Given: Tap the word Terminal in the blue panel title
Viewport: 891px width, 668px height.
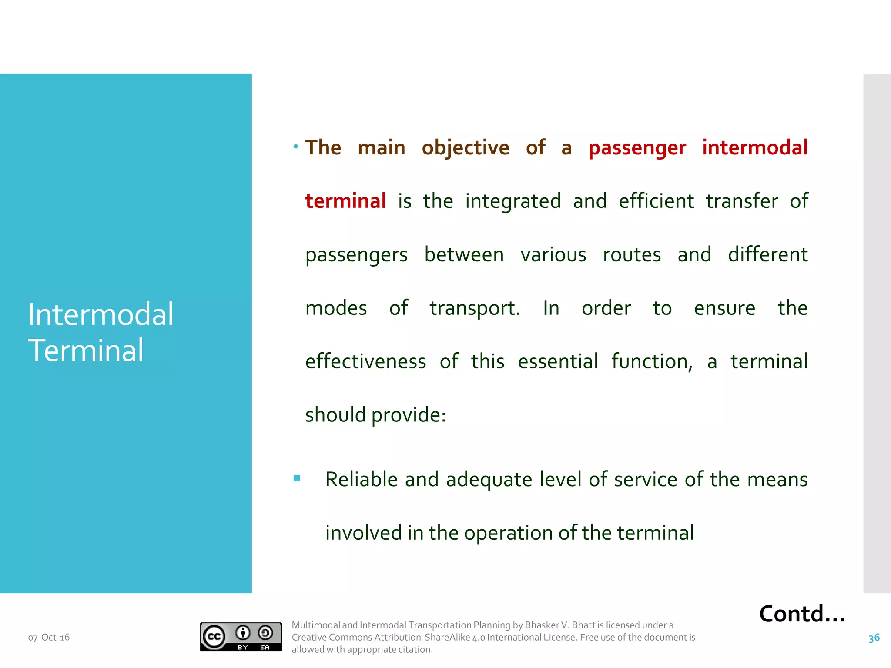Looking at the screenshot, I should (86, 350).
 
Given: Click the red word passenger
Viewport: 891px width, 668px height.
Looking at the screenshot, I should (637, 148).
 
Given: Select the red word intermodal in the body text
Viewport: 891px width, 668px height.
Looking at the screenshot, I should (755, 147).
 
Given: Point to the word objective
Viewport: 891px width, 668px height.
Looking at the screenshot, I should (465, 148).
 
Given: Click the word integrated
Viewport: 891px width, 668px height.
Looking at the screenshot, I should (513, 201).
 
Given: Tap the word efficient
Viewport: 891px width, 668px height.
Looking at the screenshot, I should (656, 201).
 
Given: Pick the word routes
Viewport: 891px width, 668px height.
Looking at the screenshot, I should (632, 254).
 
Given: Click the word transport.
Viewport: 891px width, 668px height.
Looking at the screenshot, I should (475, 308).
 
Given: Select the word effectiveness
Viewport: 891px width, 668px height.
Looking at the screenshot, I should (365, 361).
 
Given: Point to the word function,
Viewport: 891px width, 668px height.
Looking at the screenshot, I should (652, 361).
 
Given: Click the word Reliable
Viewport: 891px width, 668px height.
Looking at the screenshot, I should (361, 479).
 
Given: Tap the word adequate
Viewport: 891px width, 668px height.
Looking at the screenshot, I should (489, 480).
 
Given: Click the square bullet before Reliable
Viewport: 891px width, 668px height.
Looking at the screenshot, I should (297, 479).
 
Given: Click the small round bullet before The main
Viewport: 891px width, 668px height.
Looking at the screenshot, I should (296, 147).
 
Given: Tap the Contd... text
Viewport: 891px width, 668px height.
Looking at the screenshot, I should (802, 614).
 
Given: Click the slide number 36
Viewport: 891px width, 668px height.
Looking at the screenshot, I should (874, 638).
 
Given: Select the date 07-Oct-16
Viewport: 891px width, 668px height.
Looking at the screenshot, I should (49, 638).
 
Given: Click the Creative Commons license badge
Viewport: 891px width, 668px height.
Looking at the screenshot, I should (241, 637).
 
